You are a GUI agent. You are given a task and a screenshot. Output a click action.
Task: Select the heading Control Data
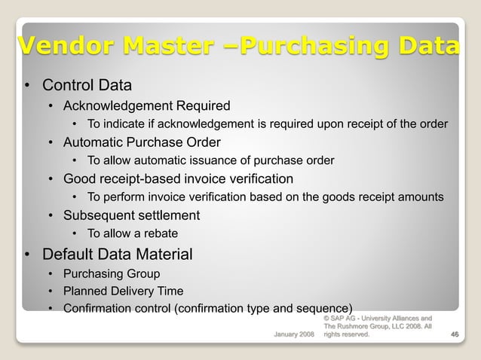pos(87,85)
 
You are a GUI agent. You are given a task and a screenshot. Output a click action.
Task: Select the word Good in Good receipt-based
pos(78,179)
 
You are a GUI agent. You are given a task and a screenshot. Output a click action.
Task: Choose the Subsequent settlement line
pos(131,215)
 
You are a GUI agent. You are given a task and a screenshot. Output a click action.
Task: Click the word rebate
pos(151,234)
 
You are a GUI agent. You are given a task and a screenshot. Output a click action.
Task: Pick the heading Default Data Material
pos(117,255)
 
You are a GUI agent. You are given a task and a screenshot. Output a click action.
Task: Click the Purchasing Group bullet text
pos(112,273)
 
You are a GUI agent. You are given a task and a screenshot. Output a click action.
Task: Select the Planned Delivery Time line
pos(123,291)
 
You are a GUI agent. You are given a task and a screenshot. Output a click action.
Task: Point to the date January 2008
pos(294,334)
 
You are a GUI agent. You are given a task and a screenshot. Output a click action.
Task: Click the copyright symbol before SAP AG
pos(326,319)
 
